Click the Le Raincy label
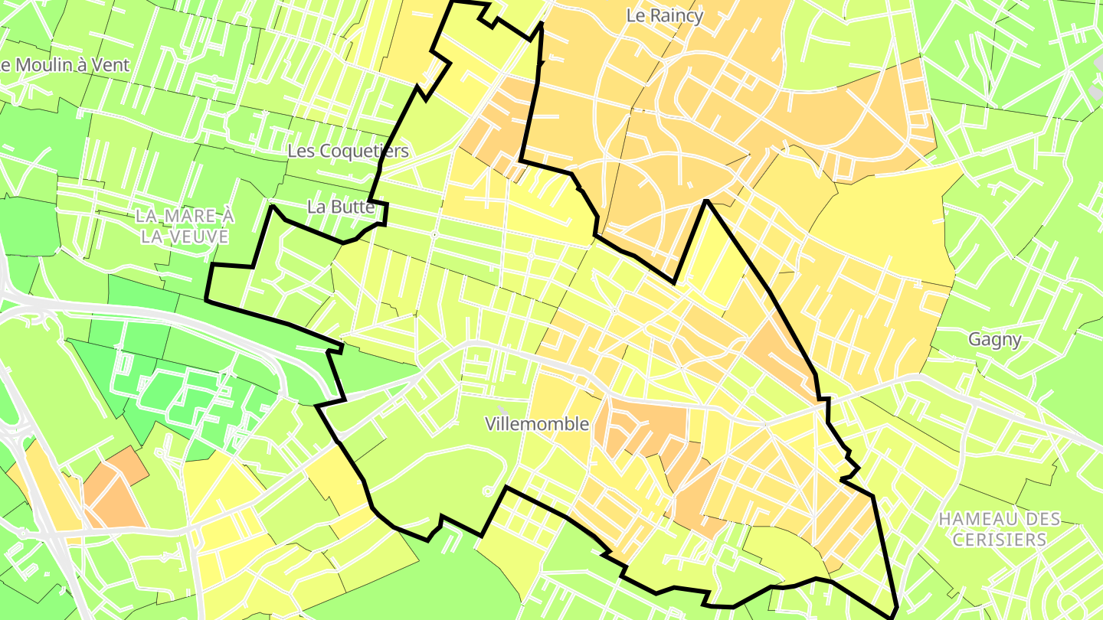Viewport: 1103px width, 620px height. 664,15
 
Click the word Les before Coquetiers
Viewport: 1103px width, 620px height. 299,151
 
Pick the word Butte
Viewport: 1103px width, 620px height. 352,207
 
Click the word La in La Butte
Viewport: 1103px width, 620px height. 316,207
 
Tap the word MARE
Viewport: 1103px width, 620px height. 184,217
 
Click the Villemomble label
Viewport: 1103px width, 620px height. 537,423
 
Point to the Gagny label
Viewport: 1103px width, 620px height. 994,339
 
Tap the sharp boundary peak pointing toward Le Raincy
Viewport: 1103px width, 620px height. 706,201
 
